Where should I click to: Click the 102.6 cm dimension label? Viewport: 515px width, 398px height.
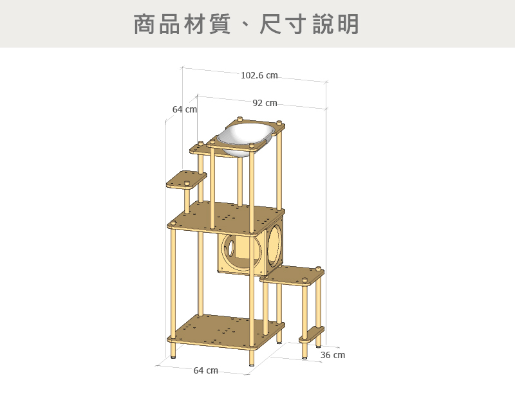pyautogui.click(x=259, y=76)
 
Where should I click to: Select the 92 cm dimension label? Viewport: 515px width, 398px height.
pyautogui.click(x=265, y=103)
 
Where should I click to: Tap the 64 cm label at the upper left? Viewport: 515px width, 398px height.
pyautogui.click(x=184, y=110)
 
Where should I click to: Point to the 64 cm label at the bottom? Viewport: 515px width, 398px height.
pyautogui.click(x=205, y=370)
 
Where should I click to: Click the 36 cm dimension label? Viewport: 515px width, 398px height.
pyautogui.click(x=332, y=355)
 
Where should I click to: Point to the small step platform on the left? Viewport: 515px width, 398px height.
pyautogui.click(x=186, y=179)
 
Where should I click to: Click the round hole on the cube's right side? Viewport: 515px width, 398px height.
pyautogui.click(x=273, y=245)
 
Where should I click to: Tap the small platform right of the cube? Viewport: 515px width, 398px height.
pyautogui.click(x=293, y=275)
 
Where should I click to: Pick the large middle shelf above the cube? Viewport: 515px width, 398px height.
pyautogui.click(x=225, y=217)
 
